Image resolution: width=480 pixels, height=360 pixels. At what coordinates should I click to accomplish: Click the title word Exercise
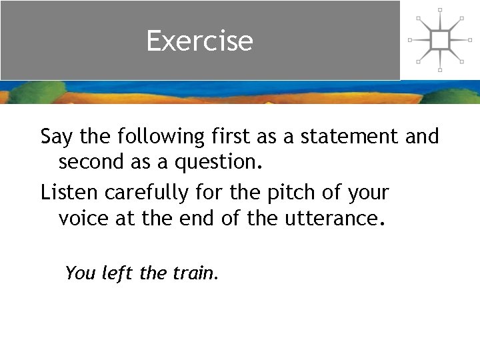pos(199,41)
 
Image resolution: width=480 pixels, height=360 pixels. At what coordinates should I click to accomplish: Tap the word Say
pos(58,137)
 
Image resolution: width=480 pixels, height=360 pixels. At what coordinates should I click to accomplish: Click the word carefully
pos(145,193)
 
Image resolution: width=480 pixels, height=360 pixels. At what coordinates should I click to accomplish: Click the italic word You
pos(81,273)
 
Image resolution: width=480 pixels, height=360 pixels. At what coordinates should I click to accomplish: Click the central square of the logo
pos(439,40)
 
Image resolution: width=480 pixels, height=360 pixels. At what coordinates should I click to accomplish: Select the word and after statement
pos(422,136)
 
